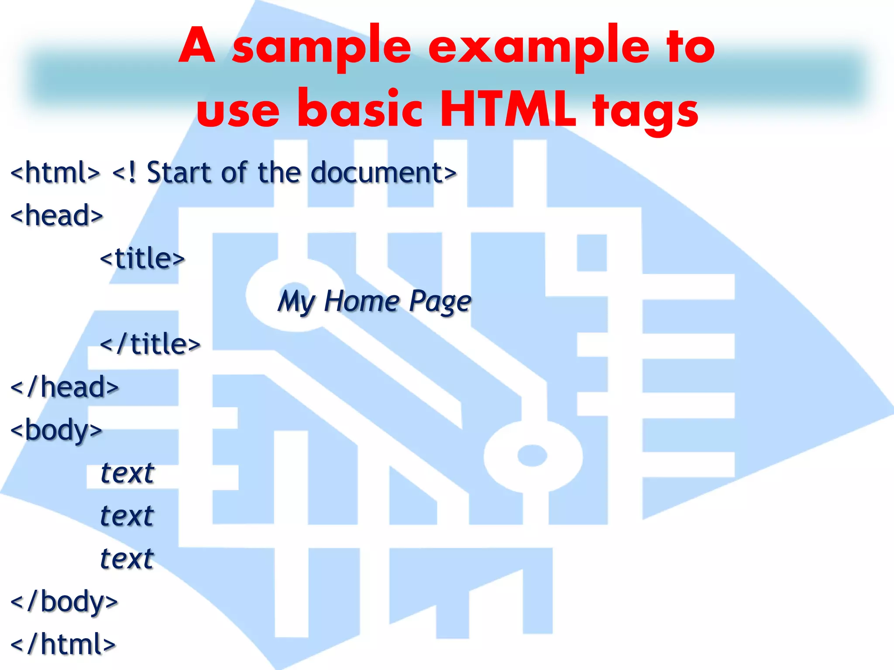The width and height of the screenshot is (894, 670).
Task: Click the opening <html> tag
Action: pyautogui.click(x=55, y=173)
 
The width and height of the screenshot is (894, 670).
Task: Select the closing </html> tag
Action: pyautogui.click(x=63, y=644)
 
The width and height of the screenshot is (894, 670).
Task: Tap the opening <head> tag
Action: pyautogui.click(x=57, y=215)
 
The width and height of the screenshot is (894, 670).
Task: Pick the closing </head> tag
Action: pyautogui.click(x=65, y=387)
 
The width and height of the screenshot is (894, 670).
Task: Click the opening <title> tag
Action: pyautogui.click(x=142, y=258)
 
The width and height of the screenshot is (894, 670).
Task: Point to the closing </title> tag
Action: pyautogui.click(x=150, y=345)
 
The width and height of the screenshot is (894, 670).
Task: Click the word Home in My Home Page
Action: pyautogui.click(x=362, y=301)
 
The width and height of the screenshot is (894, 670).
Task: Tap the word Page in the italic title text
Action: pyautogui.click(x=440, y=302)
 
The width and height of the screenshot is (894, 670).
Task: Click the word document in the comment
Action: pyautogui.click(x=378, y=173)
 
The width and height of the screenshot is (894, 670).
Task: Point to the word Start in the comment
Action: pyautogui.click(x=179, y=173)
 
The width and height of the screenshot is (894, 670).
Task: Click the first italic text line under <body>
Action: pyautogui.click(x=127, y=473)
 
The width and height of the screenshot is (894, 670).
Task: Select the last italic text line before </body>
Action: pyautogui.click(x=127, y=558)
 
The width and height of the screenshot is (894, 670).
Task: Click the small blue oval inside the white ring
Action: pyautogui.click(x=532, y=455)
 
